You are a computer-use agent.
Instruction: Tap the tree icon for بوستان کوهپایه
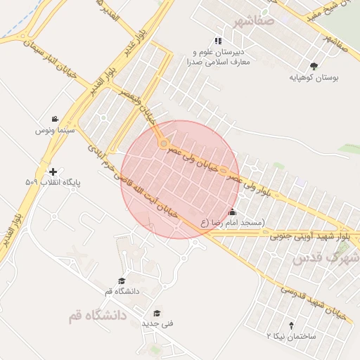(314, 66)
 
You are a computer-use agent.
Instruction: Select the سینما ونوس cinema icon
(55, 119)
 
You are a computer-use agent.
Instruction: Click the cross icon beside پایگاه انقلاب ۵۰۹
(52, 172)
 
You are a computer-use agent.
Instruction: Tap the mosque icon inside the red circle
(233, 212)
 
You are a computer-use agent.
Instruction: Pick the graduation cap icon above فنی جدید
(157, 313)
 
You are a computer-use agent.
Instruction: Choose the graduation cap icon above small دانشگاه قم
(122, 281)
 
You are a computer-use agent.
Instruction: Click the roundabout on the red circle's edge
(164, 144)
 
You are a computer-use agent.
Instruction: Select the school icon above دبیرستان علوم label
(219, 41)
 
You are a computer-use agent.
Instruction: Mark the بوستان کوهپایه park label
(314, 78)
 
